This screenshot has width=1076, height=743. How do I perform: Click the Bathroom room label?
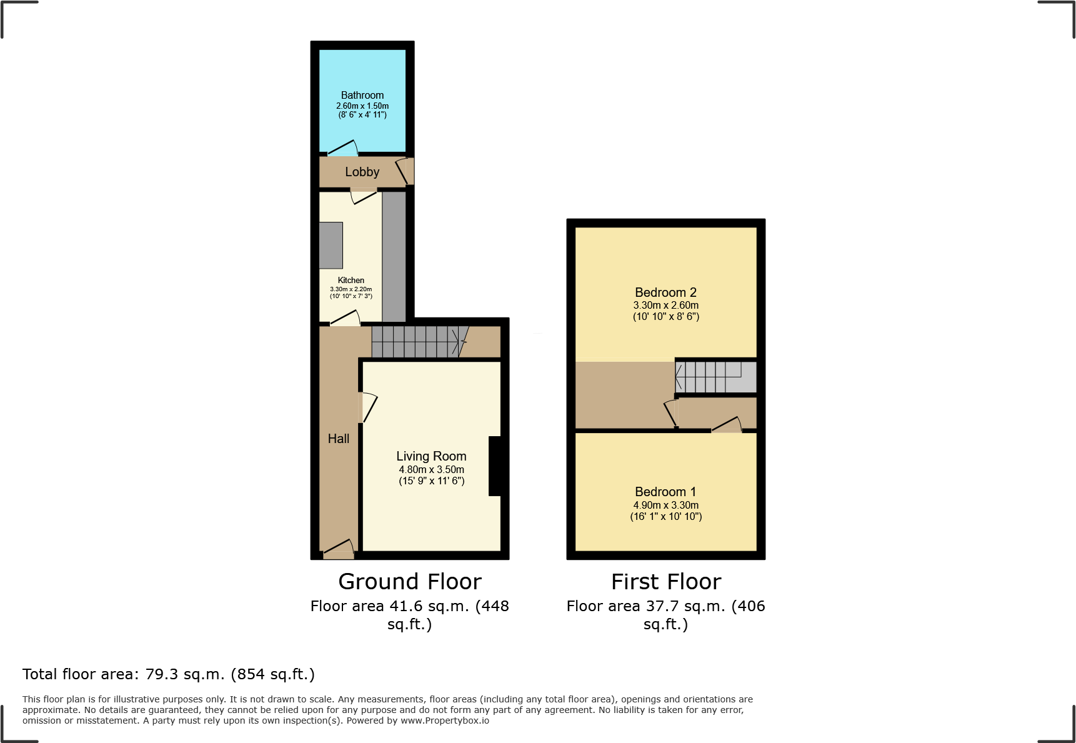[x=362, y=95]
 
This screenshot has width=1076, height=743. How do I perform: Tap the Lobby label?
[x=362, y=172]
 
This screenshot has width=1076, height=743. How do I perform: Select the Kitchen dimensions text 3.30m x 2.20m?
[x=351, y=289]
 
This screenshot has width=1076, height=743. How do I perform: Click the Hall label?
[x=339, y=439]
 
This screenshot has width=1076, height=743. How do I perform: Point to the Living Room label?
[x=431, y=456]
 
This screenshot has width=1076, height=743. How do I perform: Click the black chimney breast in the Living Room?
[x=494, y=466]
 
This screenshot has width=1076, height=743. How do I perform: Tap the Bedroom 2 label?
[x=665, y=292]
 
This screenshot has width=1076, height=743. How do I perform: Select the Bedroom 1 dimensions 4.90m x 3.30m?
[x=665, y=505]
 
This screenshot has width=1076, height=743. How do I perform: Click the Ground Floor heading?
[x=410, y=582]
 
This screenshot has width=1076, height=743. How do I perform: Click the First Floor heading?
[x=665, y=582]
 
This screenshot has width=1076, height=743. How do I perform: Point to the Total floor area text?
[x=169, y=674]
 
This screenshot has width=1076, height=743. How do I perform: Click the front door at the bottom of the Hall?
[x=339, y=549]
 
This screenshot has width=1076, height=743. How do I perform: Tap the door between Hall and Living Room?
[x=368, y=407]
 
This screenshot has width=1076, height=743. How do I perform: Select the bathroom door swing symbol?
[x=342, y=149]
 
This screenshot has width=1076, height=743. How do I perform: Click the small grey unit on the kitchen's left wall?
[x=331, y=245]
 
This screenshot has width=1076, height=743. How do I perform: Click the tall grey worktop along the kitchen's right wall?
[x=394, y=256]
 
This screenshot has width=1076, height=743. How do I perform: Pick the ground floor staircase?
[x=415, y=341]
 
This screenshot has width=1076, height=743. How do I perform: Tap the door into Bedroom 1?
[x=727, y=425]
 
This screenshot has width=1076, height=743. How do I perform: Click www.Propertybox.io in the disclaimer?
[x=445, y=721]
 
